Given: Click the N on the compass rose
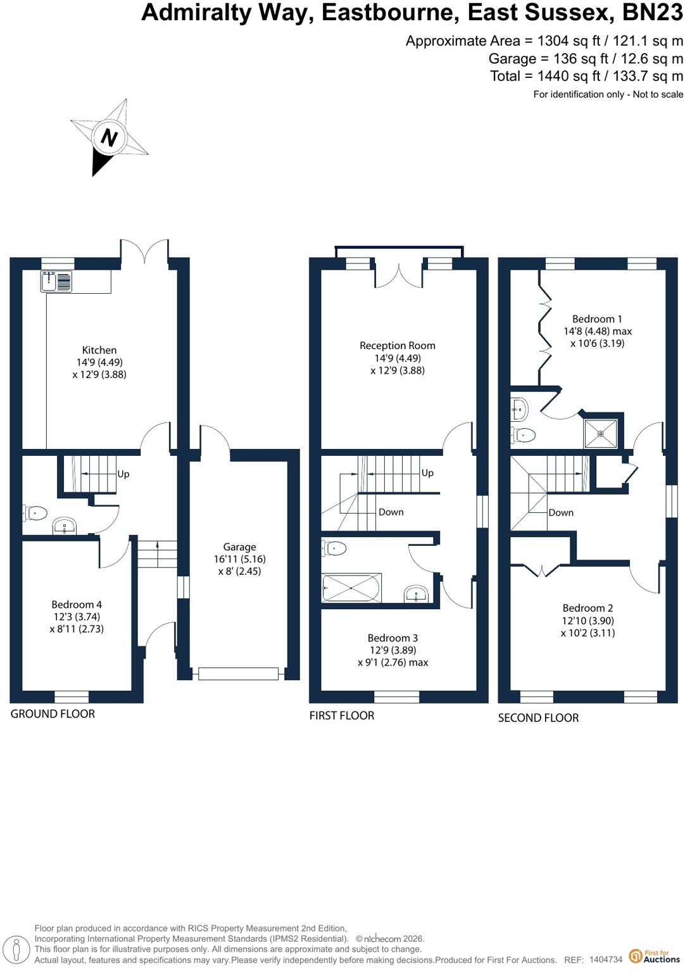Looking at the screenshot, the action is pos(109,139).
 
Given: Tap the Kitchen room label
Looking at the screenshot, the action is pos(99,350).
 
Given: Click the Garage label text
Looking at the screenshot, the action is pos(239,546).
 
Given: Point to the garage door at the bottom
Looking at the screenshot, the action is pos(238,674).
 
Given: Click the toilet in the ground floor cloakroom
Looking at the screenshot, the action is pos(35,513).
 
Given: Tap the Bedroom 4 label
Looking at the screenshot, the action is pos(77,604).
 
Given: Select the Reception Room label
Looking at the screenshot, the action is pos(398,345).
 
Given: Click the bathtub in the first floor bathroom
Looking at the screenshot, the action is pos(351,588).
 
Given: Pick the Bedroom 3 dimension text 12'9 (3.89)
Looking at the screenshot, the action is pos(393,650).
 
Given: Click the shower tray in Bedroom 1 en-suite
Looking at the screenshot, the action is pos(600,433).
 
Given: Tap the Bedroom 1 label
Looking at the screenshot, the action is pos(597,319).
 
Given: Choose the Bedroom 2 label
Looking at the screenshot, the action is pos(588,608).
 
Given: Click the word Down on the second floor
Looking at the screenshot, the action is pos(561,512).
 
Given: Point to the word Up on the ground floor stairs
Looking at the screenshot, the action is pos(123,474).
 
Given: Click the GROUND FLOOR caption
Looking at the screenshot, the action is pos(53,714).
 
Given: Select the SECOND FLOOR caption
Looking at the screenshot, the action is pos(538,717).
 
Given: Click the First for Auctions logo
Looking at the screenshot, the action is pos(655,956).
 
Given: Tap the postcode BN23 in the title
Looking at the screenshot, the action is pos(653,12).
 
